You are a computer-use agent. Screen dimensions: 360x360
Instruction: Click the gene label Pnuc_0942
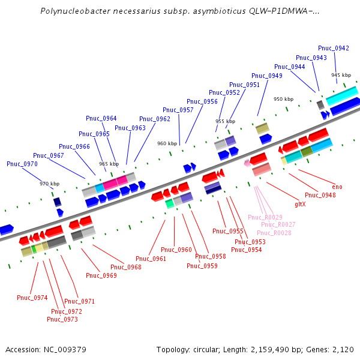334,48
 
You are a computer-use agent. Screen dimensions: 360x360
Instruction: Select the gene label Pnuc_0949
267,76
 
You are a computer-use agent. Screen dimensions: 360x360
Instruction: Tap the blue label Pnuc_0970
22,164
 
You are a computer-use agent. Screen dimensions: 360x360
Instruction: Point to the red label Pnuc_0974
32,298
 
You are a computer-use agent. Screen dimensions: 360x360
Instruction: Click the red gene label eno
337,187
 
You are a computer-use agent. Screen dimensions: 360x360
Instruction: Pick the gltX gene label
300,204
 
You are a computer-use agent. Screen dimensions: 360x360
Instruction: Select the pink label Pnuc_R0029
265,217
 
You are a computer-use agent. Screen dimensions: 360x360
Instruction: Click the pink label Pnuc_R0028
274,233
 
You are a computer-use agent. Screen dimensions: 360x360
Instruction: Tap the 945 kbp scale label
340,75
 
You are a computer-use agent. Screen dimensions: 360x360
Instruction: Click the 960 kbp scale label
167,143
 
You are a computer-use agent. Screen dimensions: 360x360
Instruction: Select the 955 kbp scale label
225,121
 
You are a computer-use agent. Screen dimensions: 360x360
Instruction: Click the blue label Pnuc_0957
178,110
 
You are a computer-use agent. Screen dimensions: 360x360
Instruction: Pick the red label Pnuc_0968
126,267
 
